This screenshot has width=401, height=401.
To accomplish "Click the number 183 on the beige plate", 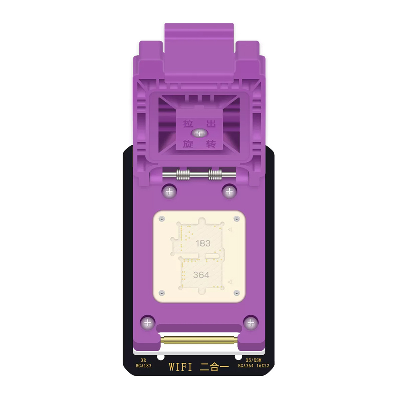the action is (x=203, y=243).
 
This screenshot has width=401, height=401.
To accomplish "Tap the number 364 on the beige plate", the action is (x=202, y=275).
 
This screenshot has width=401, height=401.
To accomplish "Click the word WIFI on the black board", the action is (x=180, y=367).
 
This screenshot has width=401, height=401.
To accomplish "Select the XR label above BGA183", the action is (x=143, y=360).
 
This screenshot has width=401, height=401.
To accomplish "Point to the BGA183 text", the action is (x=143, y=366).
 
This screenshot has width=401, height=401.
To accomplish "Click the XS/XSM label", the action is (x=254, y=360).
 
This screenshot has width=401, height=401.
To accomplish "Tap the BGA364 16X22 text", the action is (x=253, y=366).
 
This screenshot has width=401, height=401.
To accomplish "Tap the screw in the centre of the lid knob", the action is (x=199, y=133).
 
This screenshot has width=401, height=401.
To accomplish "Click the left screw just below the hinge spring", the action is (x=169, y=191).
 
